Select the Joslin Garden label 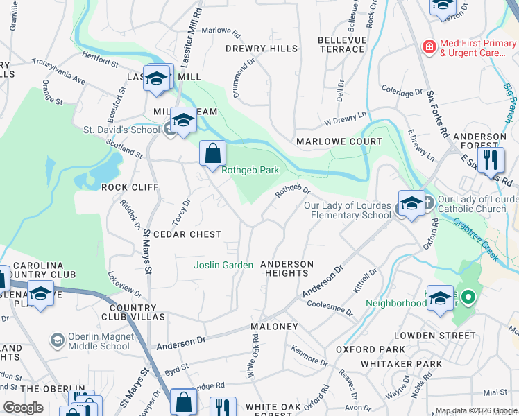click(223, 265)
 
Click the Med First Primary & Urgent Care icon click(429, 47)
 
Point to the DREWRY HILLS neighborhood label click(262, 49)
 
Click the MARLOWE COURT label click(339, 141)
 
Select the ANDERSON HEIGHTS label click(287, 268)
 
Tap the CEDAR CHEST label click(187, 234)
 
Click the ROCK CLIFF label click(130, 187)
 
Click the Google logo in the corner click(23, 408)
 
